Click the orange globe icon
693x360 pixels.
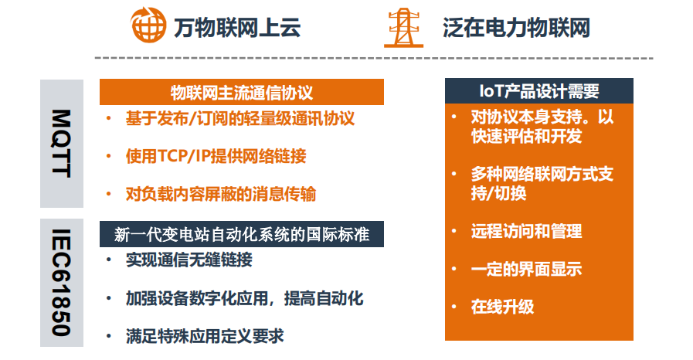pos(148,25)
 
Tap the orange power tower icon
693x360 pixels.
pos(403,27)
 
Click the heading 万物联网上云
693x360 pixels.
pos(237,27)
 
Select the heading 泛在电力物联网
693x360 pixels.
pos(516,27)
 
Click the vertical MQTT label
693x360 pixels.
pos(62,143)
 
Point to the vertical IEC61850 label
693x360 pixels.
pos(62,282)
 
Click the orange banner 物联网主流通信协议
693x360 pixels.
pos(241,92)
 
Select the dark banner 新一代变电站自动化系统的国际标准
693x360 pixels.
pos(241,234)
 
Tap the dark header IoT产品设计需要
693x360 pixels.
pos(538,91)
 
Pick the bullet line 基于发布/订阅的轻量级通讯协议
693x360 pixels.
pos(240,118)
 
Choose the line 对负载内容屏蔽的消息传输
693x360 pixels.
pos(220,195)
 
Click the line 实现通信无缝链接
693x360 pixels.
pos(189,260)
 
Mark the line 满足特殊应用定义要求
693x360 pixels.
pos(205,336)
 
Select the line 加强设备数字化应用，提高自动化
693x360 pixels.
pos(244,298)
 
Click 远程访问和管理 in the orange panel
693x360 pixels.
pos(526,231)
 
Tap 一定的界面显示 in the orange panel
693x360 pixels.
pos(526,269)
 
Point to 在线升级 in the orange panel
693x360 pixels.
pos(502,307)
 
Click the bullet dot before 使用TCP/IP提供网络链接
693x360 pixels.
pos(109,156)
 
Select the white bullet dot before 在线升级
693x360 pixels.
pos(454,307)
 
